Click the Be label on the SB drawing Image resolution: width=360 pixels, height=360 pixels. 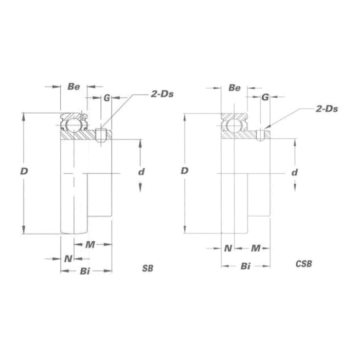click(x=74, y=87)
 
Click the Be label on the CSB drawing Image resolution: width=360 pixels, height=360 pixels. click(x=235, y=88)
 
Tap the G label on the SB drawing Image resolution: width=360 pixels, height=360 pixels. click(x=106, y=97)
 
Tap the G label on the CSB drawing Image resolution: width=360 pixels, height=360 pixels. click(x=265, y=97)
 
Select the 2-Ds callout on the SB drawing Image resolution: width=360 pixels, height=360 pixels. click(x=160, y=94)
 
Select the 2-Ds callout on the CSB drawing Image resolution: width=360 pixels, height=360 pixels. click(x=326, y=109)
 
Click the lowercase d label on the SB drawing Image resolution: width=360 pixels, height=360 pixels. click(x=141, y=172)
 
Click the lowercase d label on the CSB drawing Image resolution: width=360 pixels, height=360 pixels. click(x=294, y=172)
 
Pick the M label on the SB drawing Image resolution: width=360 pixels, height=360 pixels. click(x=90, y=244)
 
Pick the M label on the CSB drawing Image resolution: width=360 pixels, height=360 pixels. click(x=256, y=248)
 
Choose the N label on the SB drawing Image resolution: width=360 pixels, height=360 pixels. click(x=68, y=258)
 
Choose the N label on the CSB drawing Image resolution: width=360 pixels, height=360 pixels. click(x=228, y=248)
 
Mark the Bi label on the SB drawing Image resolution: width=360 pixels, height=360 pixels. click(x=85, y=271)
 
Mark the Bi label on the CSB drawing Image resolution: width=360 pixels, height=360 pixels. click(x=246, y=266)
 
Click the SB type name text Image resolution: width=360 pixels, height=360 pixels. click(x=148, y=268)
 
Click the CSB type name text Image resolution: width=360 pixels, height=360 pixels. click(x=303, y=264)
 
